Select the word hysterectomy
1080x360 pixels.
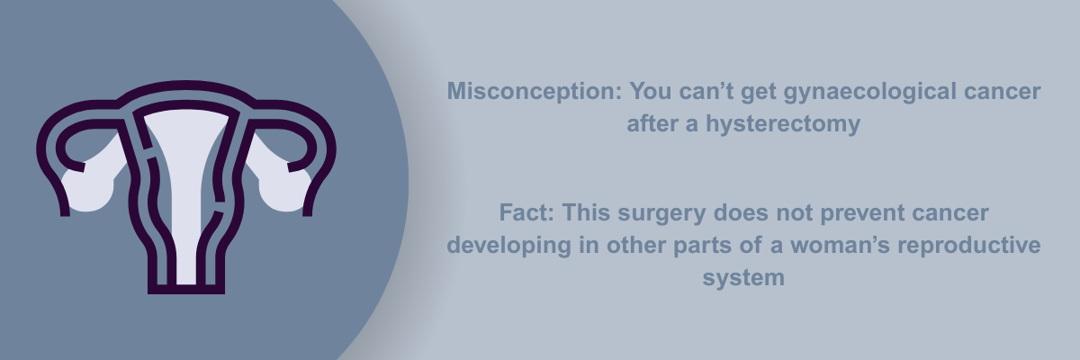(783, 124)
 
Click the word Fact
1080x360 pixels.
(526, 212)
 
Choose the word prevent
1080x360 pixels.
(862, 213)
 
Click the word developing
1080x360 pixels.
(509, 246)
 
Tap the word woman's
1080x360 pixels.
(840, 246)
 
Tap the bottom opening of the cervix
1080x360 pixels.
(186, 288)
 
